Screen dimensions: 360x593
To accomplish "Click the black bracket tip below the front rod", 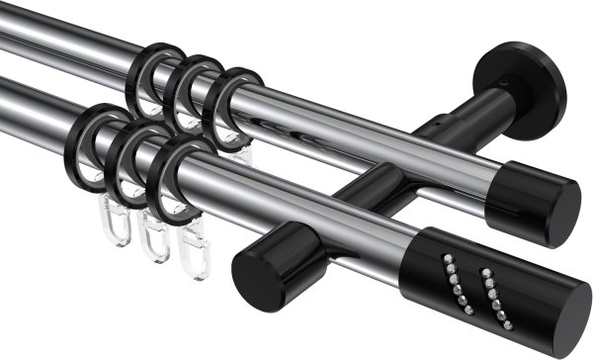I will click(262, 266).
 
